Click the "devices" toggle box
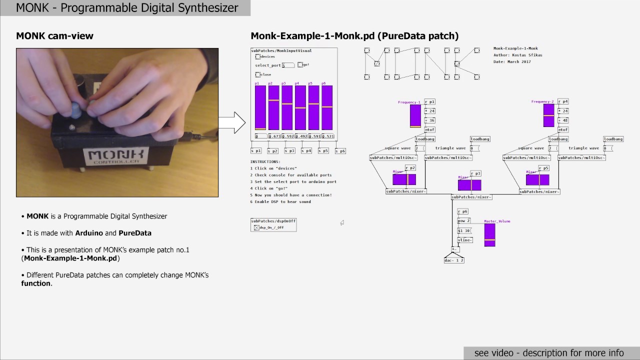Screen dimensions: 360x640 pos(258,57)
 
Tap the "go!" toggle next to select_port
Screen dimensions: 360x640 pos(300,64)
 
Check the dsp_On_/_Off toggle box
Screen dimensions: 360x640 pos(256,227)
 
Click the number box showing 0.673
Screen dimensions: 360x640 pos(274,136)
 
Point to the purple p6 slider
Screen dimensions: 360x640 pos(327,107)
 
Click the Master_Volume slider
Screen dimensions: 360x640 pos(489,235)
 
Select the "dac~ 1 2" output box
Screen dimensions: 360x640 pos(454,260)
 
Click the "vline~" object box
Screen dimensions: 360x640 pos(465,240)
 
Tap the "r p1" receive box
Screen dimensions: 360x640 pos(429,101)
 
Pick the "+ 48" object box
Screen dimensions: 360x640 pos(563,120)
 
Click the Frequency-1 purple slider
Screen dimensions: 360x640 pos(415,116)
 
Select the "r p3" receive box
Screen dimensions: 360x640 pos(475,173)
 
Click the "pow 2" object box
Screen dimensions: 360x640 pos(464,220)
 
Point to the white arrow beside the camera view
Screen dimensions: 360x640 pos(232,122)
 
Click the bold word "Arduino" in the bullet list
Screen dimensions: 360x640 pos(89,233)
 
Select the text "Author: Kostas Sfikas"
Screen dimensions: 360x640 pos(517,55)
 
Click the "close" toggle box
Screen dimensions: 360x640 pos(258,74)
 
